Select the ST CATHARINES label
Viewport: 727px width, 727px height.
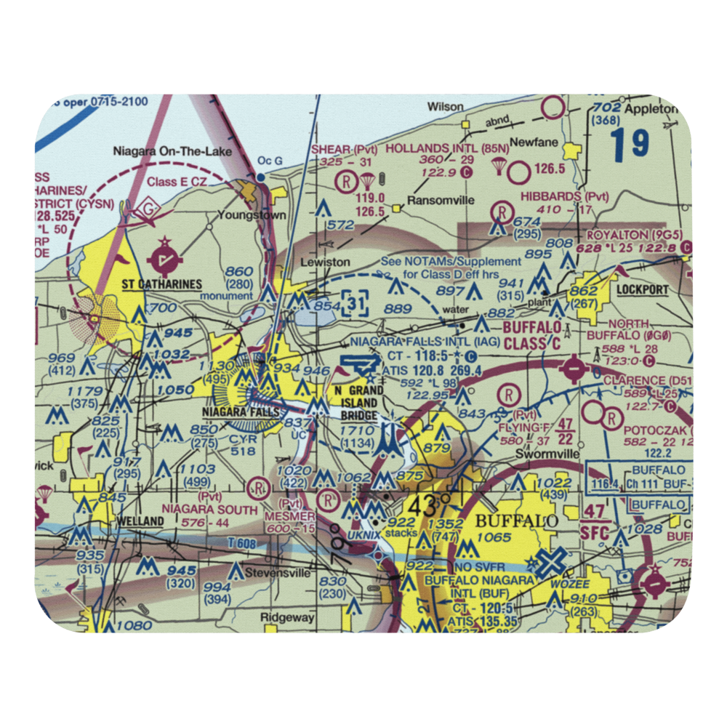coord(161,284)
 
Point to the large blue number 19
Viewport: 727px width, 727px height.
coord(630,145)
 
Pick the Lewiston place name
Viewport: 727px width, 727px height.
coord(326,262)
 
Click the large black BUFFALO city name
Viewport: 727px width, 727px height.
coord(517,521)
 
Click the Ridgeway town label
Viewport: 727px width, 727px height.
coord(288,618)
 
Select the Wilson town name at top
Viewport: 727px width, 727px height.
coord(445,106)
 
